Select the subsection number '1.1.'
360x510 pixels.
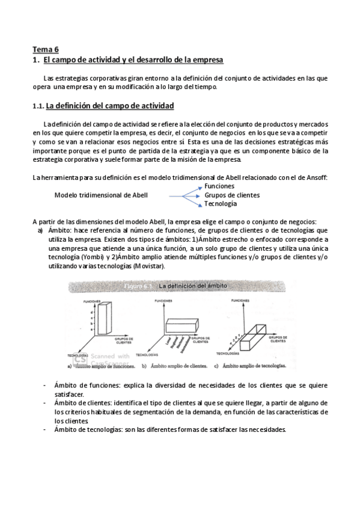(x=38, y=106)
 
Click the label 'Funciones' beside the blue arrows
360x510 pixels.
(x=220, y=186)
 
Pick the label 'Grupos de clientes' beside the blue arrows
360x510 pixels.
(x=232, y=195)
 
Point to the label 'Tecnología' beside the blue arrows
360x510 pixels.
(x=221, y=204)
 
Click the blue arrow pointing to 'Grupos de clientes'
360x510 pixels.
(x=184, y=195)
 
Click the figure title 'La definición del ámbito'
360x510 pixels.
(x=192, y=287)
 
